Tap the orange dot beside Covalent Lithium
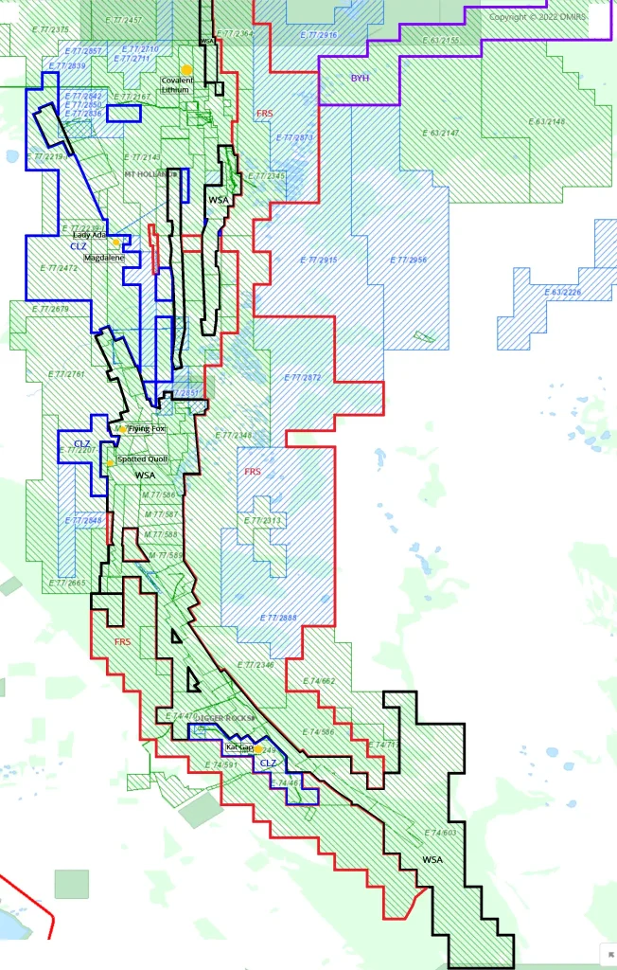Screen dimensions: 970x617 click(187, 70)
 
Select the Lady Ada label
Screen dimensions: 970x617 click(89, 235)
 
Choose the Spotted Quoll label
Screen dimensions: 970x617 click(143, 459)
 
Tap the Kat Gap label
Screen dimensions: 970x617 click(239, 747)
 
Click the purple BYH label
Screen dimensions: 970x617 click(361, 79)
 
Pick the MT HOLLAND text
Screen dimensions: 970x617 click(149, 174)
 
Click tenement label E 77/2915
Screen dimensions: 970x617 click(318, 260)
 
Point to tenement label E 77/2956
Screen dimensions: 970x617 click(409, 260)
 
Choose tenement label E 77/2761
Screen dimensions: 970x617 click(63, 375)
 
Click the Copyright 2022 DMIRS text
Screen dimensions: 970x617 click(538, 16)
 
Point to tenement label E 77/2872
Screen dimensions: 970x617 click(303, 377)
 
